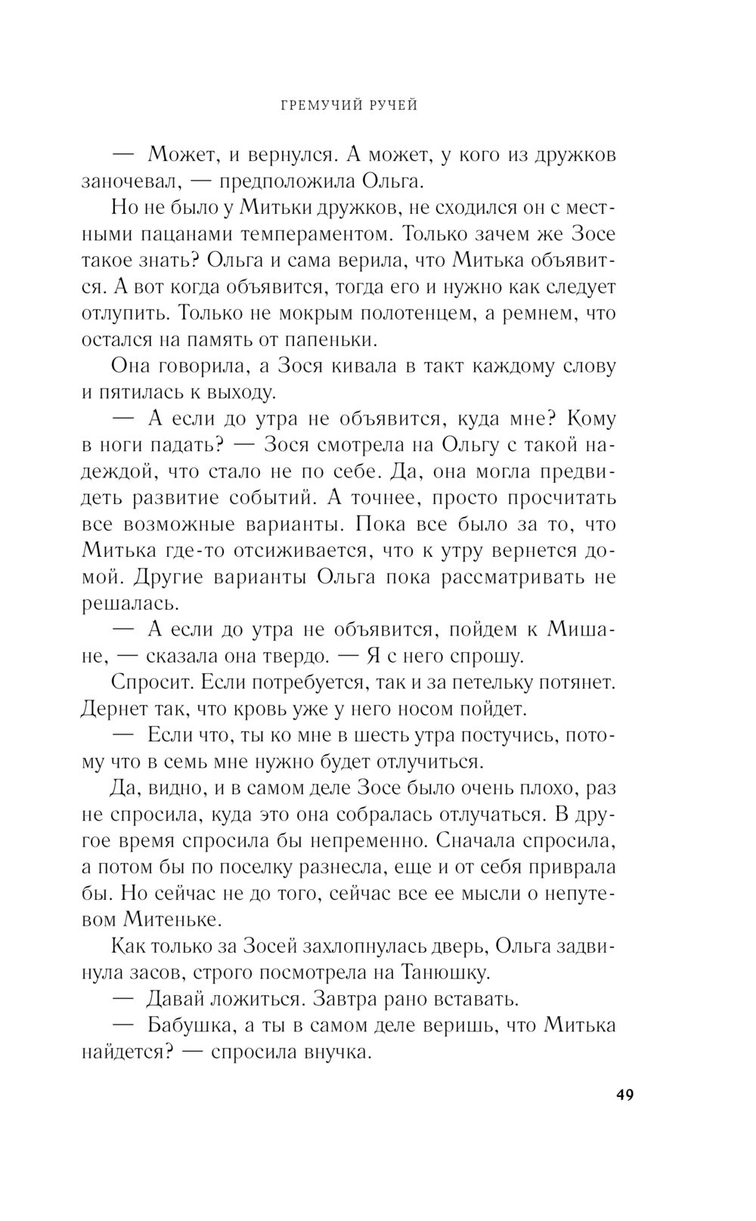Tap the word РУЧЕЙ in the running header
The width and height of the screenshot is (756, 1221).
[x=391, y=106]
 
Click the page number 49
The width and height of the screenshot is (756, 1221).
[x=624, y=1095]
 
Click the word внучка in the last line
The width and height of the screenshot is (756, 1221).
[x=336, y=1052]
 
